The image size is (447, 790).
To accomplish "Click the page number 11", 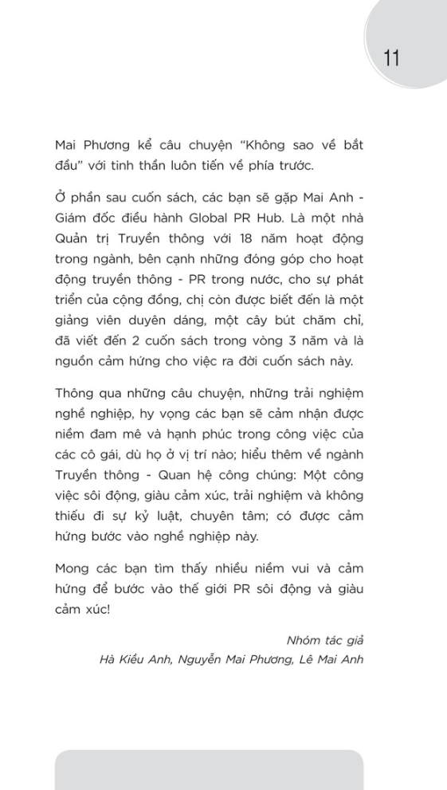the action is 391,57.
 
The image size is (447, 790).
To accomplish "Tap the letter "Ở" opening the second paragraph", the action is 61,197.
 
